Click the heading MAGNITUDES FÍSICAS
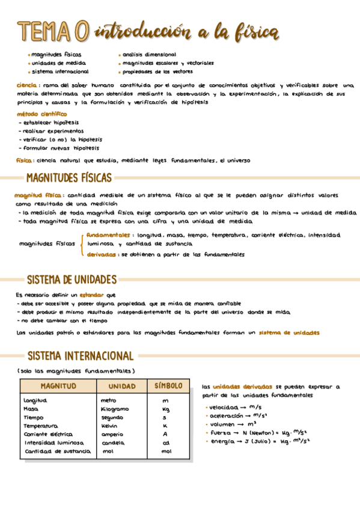tap(69, 178)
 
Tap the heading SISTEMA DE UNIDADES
tap(72, 280)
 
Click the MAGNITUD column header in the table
tap(58, 386)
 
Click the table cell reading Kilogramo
tap(114, 409)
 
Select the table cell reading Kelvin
tap(109, 426)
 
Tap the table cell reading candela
tap(112, 443)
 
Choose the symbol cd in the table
tap(166, 443)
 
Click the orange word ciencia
tap(28, 85)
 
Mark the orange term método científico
tap(41, 114)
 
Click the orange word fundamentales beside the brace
tap(108, 235)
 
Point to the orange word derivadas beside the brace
tap(102, 254)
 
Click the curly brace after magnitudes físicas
tap(81, 244)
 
